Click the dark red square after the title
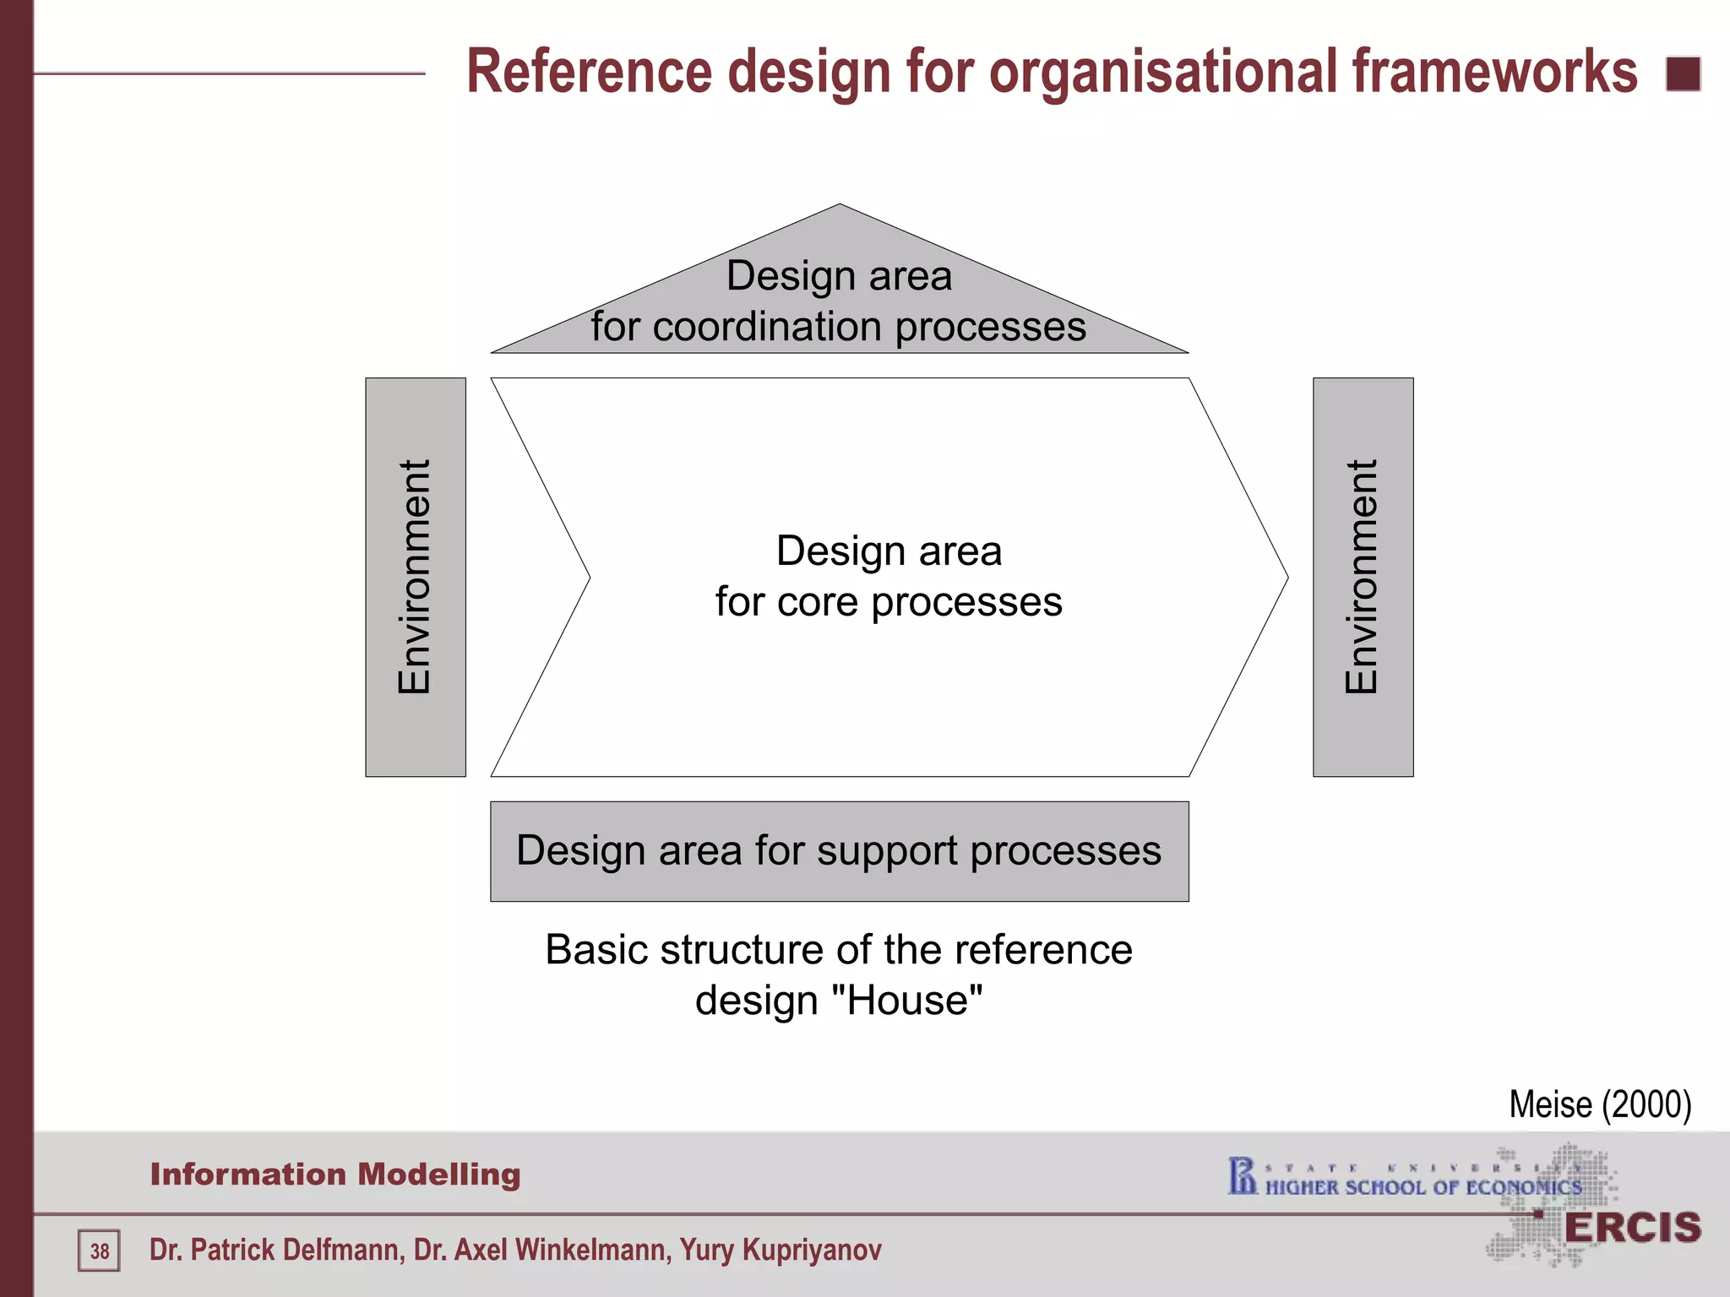pyautogui.click(x=1683, y=74)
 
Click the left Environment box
pyautogui.click(x=415, y=577)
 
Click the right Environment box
pyautogui.click(x=1363, y=577)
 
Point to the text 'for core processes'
pyautogui.click(x=889, y=602)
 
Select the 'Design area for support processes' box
pyautogui.click(x=839, y=851)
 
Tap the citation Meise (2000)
pyautogui.click(x=1600, y=1104)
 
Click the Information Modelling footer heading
pyautogui.click(x=335, y=1175)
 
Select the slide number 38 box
pyautogui.click(x=100, y=1251)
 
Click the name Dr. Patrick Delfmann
pyautogui.click(x=275, y=1250)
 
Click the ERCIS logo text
pyautogui.click(x=1632, y=1228)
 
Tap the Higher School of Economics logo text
pyautogui.click(x=1423, y=1187)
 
